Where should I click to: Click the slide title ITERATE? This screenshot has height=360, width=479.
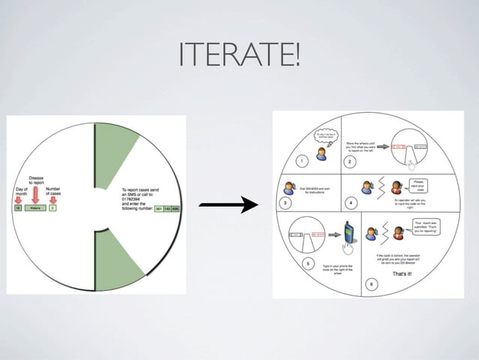pos(239,54)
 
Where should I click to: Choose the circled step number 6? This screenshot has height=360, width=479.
pos(369,284)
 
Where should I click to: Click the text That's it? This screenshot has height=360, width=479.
pos(398,274)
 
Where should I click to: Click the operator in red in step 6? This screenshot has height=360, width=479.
pos(391,233)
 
